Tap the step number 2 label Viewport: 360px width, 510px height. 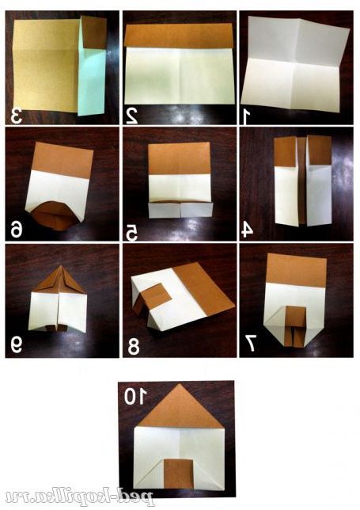pyautogui.click(x=131, y=116)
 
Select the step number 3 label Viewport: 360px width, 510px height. pyautogui.click(x=17, y=116)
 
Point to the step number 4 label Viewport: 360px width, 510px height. pyautogui.click(x=247, y=230)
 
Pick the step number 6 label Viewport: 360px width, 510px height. pyautogui.click(x=17, y=230)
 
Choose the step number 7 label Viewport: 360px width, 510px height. pyautogui.click(x=251, y=344)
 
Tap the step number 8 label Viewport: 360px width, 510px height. pyautogui.click(x=134, y=347)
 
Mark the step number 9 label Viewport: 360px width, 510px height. pyautogui.click(x=17, y=345)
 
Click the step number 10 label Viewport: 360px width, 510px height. pyautogui.click(x=135, y=397)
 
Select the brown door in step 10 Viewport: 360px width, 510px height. pyautogui.click(x=178, y=474)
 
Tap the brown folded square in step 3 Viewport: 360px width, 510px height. pyautogui.click(x=94, y=32)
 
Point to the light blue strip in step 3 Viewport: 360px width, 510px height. pyautogui.click(x=92, y=82)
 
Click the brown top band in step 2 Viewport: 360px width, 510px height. pyautogui.click(x=179, y=36)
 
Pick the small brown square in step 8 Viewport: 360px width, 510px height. pyautogui.click(x=157, y=296)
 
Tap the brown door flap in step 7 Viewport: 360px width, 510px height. pyautogui.click(x=295, y=326)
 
